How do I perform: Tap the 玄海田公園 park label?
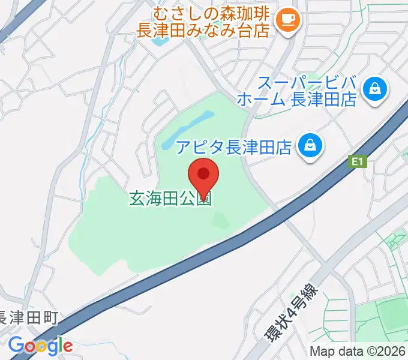click(171, 198)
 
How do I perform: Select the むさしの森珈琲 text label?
click(214, 13)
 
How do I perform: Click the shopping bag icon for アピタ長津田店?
click(310, 146)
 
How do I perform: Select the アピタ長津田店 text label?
click(234, 146)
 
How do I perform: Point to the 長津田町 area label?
click(29, 317)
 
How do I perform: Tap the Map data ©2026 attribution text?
click(358, 352)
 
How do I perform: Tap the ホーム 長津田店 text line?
click(297, 99)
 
